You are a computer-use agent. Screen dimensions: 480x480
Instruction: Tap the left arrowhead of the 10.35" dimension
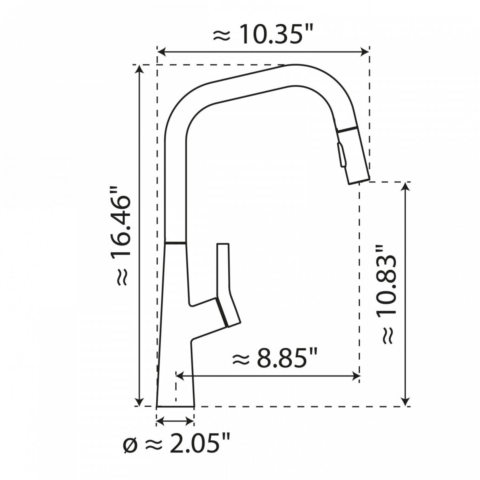click(x=162, y=52)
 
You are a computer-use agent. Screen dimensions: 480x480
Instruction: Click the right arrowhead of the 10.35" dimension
click(x=364, y=52)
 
